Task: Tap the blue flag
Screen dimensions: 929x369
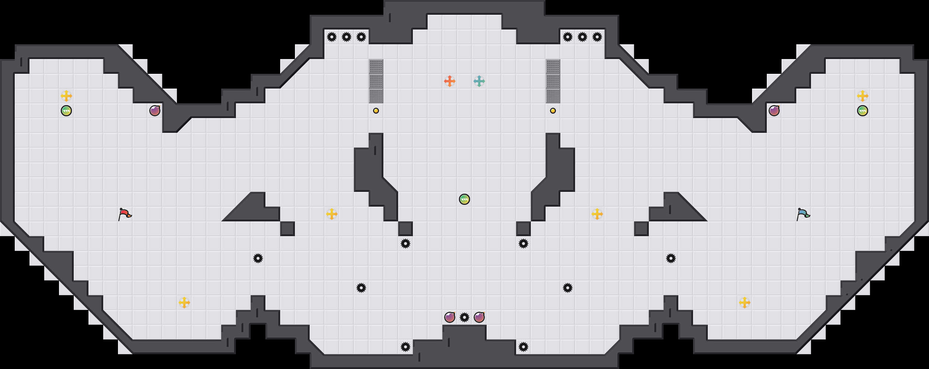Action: click(x=803, y=214)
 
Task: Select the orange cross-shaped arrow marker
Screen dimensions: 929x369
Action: click(x=450, y=81)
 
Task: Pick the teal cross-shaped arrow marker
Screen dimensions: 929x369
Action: click(x=479, y=81)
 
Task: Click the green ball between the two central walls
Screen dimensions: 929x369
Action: click(x=464, y=199)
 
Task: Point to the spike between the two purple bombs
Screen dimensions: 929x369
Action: click(x=464, y=317)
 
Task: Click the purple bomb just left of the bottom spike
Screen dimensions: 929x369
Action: click(x=450, y=317)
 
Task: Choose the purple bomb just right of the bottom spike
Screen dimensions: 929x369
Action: click(x=479, y=317)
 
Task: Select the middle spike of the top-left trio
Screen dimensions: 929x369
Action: click(x=347, y=37)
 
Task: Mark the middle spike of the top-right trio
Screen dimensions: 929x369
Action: click(x=582, y=37)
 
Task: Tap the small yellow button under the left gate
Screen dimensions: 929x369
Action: click(x=376, y=111)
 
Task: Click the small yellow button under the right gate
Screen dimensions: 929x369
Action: click(x=553, y=111)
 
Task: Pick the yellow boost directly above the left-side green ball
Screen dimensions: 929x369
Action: click(x=66, y=96)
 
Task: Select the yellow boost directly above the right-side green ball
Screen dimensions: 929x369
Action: click(x=863, y=96)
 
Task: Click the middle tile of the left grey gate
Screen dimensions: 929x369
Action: click(x=376, y=81)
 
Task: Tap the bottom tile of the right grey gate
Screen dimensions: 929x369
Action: click(x=553, y=96)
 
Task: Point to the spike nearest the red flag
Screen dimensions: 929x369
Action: click(x=258, y=258)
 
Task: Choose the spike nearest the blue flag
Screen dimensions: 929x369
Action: click(x=671, y=258)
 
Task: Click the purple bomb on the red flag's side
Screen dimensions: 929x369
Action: click(x=155, y=111)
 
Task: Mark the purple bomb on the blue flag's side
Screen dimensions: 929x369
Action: click(x=774, y=111)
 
